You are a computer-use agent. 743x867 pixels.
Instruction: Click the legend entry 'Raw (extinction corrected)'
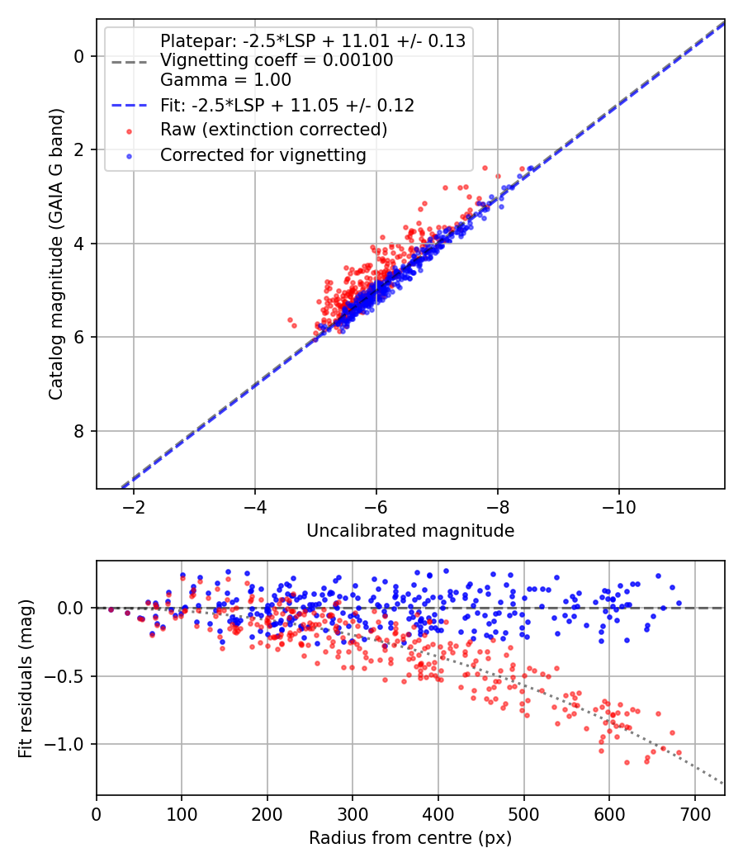(273, 130)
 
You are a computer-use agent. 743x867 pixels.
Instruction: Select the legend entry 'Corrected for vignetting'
(263, 154)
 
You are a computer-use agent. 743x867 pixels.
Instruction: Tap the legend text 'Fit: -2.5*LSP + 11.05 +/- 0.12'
(287, 105)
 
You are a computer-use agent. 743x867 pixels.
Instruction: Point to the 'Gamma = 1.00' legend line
(225, 80)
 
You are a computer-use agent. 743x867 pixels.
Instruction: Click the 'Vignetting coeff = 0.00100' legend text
(277, 60)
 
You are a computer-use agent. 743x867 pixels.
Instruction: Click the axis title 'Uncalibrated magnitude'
(410, 531)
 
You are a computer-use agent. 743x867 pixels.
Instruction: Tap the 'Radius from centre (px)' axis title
(410, 838)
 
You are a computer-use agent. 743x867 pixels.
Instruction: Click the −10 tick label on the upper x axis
(619, 507)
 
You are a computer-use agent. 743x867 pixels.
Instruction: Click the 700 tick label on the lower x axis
(694, 814)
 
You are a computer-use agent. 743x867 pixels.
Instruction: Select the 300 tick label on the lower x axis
(353, 814)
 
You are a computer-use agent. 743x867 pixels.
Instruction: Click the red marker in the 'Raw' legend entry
(127, 130)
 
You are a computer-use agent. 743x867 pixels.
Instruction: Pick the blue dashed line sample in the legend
(127, 106)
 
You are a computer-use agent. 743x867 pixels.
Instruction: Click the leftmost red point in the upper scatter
(289, 320)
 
